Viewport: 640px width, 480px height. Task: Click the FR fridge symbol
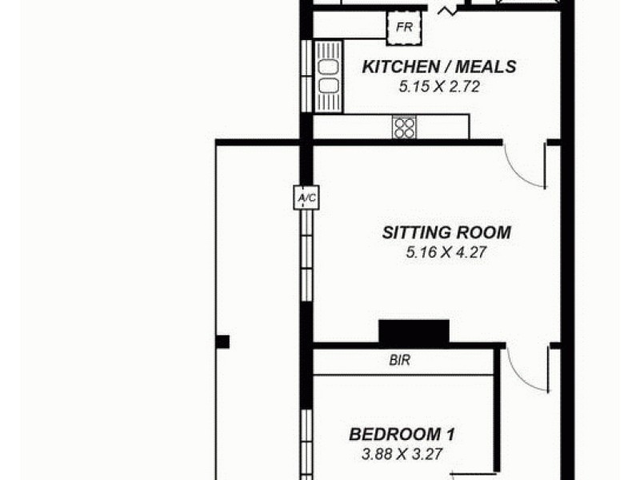[404, 30]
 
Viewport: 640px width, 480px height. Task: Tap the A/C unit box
[306, 197]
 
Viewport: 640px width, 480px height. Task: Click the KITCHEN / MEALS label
[439, 67]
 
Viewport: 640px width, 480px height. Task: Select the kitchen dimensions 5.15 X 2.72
[439, 86]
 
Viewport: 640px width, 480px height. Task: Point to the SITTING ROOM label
[446, 234]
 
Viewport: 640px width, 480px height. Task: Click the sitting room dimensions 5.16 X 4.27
[446, 254]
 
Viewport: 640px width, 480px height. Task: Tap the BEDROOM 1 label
[402, 435]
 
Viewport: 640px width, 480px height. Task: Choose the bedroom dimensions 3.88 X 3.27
[402, 455]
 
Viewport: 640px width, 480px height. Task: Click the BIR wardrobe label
[399, 361]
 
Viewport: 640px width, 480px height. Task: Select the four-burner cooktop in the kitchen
[404, 126]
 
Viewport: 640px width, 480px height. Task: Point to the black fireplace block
[414, 331]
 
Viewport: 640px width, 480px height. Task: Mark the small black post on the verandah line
[222, 342]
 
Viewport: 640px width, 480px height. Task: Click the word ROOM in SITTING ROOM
[483, 234]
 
